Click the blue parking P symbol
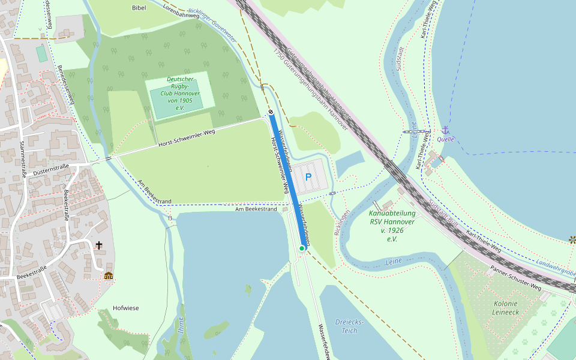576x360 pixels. [x=308, y=177]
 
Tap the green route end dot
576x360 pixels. [x=302, y=248]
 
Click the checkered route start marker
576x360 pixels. [x=271, y=112]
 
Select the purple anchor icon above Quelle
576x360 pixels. [x=445, y=130]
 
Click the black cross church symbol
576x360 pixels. [x=99, y=245]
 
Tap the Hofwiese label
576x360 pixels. [x=125, y=308]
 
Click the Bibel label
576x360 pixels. [x=139, y=8]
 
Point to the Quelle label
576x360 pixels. [x=446, y=139]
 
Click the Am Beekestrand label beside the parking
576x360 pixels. [x=256, y=209]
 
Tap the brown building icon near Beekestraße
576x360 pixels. [x=109, y=276]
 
